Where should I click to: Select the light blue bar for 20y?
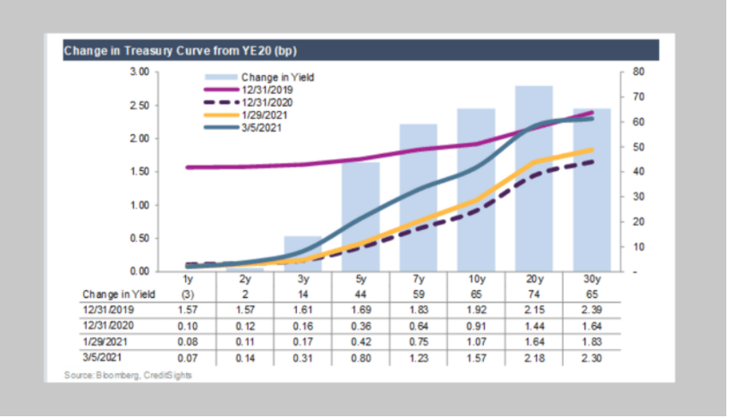click(x=533, y=179)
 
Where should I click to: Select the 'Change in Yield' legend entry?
click(x=277, y=77)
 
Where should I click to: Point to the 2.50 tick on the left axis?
click(x=137, y=106)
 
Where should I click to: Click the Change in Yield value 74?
click(x=533, y=294)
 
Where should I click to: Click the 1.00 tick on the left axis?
click(x=137, y=205)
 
